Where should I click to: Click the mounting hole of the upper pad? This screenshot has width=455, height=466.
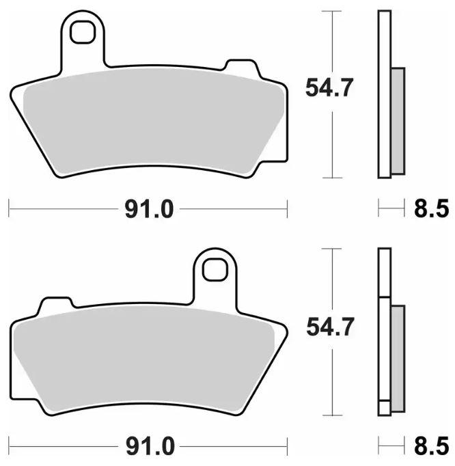(x=82, y=32)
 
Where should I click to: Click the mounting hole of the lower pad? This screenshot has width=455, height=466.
(x=215, y=269)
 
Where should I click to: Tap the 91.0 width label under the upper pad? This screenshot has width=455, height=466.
(x=149, y=210)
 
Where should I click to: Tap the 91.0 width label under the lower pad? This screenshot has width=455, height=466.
(x=150, y=447)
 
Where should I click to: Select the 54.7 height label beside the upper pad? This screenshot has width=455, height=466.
(x=329, y=87)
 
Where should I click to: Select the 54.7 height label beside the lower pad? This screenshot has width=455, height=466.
(x=330, y=327)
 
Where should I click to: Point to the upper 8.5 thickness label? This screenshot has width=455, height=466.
(x=431, y=209)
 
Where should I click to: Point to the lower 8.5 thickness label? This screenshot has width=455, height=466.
(x=431, y=446)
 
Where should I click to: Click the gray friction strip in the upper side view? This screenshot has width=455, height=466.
(x=398, y=121)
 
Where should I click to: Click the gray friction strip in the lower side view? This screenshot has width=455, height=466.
(x=398, y=359)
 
